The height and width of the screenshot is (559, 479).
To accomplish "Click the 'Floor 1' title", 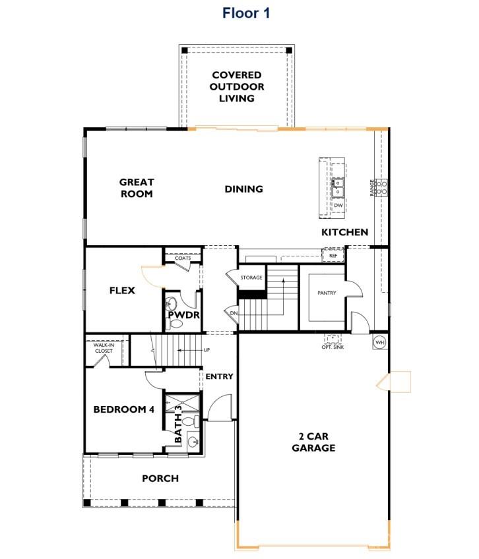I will pyautogui.click(x=245, y=13).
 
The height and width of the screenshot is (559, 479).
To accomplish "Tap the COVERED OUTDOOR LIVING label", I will pyautogui.click(x=236, y=87).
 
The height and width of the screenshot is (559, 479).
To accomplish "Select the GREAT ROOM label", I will pyautogui.click(x=137, y=188).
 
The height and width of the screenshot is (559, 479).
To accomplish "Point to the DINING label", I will pyautogui.click(x=243, y=189).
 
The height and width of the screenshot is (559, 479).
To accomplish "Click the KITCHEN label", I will pyautogui.click(x=344, y=232).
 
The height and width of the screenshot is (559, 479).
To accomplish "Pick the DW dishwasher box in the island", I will pyautogui.click(x=338, y=206).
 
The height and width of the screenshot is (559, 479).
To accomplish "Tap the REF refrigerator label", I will pyautogui.click(x=333, y=254).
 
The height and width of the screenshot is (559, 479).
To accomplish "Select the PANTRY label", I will pyautogui.click(x=327, y=293).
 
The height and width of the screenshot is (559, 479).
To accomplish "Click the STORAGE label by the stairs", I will pyautogui.click(x=251, y=278).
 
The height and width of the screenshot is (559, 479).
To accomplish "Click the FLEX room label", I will pyautogui.click(x=122, y=290).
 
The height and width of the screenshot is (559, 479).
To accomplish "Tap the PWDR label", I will pyautogui.click(x=179, y=315).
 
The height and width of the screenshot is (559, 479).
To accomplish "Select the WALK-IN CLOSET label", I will pyautogui.click(x=103, y=348).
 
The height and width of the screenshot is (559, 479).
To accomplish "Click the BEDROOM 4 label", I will pyautogui.click(x=123, y=409).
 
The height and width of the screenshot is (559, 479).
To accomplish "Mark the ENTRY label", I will pyautogui.click(x=219, y=376).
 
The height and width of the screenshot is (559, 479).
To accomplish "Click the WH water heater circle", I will pyautogui.click(x=379, y=342).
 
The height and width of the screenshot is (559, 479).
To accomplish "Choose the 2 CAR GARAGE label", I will pyautogui.click(x=313, y=442).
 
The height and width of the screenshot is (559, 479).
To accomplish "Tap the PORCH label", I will pyautogui.click(x=160, y=478).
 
